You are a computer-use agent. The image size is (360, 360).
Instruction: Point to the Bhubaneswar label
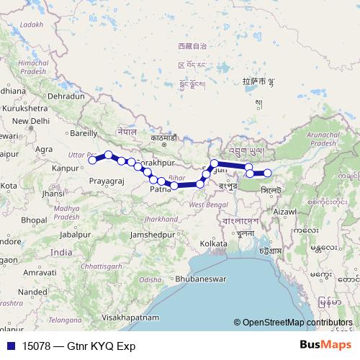(x=202, y=279)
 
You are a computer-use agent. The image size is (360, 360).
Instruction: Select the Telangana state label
(x=63, y=318)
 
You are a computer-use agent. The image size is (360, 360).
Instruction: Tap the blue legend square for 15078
(x=10, y=346)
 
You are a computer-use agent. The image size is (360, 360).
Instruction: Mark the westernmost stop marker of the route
(x=92, y=160)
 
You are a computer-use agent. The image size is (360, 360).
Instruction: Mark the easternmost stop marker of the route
(x=267, y=173)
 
